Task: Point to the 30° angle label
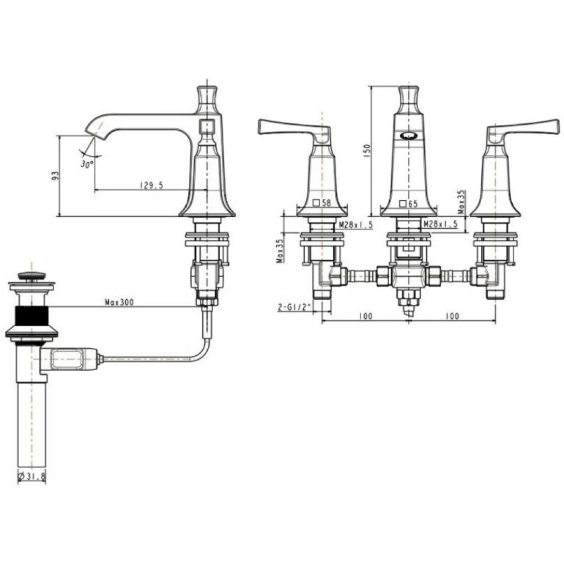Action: (x=87, y=164)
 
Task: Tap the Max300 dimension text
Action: (x=119, y=302)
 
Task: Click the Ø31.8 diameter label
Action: (x=32, y=476)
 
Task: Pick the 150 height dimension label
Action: (x=367, y=150)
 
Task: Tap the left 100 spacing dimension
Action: (x=365, y=316)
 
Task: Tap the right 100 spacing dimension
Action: (x=452, y=316)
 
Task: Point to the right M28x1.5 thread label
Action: (x=440, y=224)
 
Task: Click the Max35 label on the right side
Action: (x=461, y=201)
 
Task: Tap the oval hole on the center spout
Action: (x=409, y=136)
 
